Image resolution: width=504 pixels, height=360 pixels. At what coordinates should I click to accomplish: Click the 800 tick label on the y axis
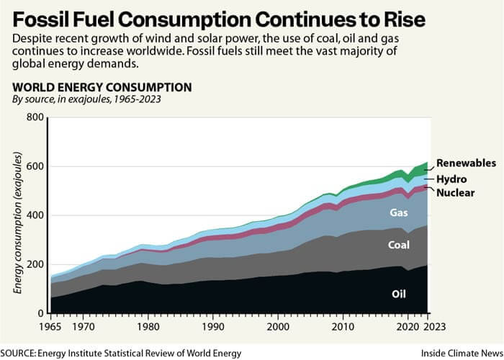(x=34, y=117)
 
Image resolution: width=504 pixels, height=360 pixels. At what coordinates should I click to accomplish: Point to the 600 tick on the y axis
(x=34, y=166)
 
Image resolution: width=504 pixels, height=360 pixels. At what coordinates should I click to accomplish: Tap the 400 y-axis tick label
(x=34, y=215)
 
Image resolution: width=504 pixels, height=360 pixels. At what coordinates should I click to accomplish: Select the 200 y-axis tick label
(x=34, y=264)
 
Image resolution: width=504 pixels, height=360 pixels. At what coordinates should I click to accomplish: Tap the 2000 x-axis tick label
(x=279, y=326)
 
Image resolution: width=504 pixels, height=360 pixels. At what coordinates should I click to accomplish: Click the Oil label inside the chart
(x=399, y=294)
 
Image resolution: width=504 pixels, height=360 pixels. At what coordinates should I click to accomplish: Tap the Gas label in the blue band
(x=399, y=213)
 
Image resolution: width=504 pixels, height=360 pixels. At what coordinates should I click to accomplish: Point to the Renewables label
(x=466, y=163)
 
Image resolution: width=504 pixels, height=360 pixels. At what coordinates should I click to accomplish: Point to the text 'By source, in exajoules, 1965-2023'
(x=87, y=100)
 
